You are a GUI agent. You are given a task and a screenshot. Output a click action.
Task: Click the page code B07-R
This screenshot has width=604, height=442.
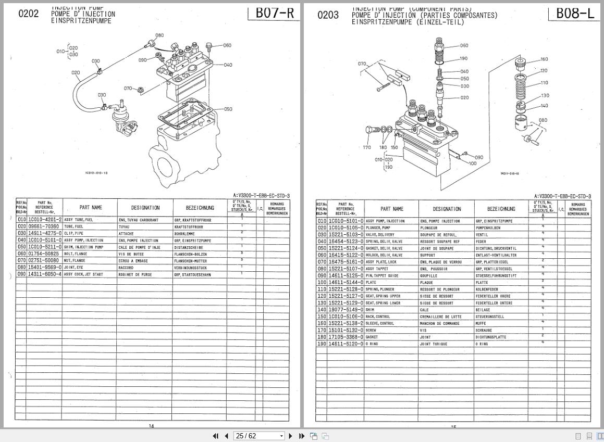275,14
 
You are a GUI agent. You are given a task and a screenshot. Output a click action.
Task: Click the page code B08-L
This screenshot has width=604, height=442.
575,14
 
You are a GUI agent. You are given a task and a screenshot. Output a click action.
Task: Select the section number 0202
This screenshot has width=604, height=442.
28,14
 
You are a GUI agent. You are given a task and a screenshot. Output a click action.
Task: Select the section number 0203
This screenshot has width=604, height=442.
328,15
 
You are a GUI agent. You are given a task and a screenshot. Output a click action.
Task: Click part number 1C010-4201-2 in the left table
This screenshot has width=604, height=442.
44,220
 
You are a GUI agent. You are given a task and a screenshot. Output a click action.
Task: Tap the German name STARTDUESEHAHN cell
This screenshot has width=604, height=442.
193,274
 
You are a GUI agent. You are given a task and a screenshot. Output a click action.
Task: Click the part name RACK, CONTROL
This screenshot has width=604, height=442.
378,317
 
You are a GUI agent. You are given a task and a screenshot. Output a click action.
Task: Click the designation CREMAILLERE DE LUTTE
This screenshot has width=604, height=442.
441,317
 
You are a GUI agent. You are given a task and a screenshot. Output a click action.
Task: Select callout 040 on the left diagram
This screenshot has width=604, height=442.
228,65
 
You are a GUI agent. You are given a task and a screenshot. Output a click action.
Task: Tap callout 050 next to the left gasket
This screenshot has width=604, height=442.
228,109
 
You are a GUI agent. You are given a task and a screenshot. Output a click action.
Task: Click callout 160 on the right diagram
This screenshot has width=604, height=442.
544,59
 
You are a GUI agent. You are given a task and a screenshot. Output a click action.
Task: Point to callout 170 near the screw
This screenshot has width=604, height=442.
367,148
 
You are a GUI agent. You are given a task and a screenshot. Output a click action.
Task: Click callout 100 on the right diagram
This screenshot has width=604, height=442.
473,163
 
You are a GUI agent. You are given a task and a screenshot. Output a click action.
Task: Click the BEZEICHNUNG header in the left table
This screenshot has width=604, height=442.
199,208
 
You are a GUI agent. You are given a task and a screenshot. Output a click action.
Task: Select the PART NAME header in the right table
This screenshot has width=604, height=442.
391,209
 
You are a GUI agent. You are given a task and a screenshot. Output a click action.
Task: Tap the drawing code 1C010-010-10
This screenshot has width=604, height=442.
96,173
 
